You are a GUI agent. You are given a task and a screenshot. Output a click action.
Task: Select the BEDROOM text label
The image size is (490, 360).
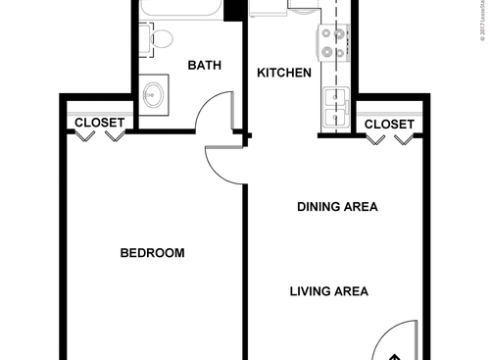tap(152, 253)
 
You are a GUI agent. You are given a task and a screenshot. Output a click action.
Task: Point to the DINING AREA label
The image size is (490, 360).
tap(337, 207)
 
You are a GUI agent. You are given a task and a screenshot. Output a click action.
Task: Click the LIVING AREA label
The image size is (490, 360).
tap(328, 290)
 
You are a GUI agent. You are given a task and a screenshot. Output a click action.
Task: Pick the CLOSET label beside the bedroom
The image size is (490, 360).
tap(100, 124)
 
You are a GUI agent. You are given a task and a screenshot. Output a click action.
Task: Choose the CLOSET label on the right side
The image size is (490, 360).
tap(389, 124)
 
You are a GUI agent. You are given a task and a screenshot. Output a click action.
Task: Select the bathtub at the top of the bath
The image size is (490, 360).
tap(181, 10)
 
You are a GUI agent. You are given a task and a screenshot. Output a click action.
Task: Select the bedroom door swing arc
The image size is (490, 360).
tap(223, 161)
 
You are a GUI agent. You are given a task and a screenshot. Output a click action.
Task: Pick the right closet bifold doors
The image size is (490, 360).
tap(390, 139)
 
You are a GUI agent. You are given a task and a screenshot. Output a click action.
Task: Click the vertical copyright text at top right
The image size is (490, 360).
tap(482, 20)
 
